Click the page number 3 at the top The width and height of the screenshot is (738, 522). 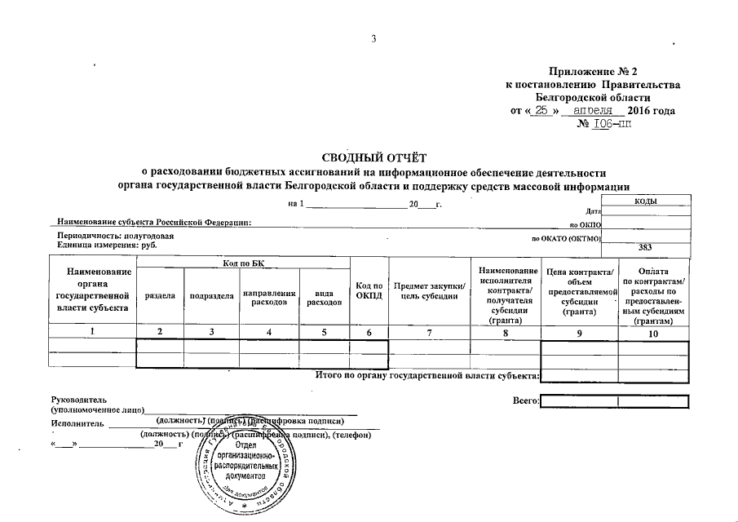click(373, 40)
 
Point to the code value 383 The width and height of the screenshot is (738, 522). click(645, 246)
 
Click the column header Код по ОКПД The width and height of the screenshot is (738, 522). click(369, 290)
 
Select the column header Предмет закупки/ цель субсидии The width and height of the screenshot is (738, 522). click(430, 290)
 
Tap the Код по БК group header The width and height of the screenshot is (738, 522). click(242, 262)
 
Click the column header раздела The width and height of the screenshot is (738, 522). click(160, 295)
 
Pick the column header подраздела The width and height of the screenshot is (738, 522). click(211, 295)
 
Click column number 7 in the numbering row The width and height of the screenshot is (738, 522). click(430, 332)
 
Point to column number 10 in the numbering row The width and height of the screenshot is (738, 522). click(653, 332)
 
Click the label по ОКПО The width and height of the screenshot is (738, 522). click(585, 223)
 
